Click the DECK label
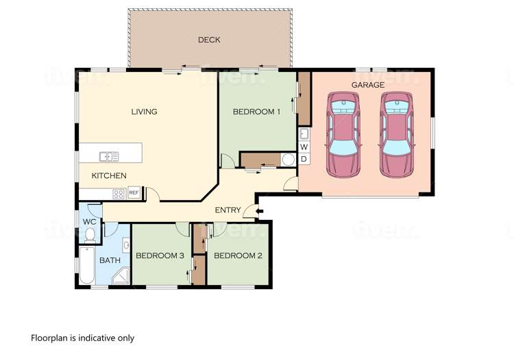[x=209, y=40]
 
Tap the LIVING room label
[x=145, y=112]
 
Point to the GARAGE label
[x=367, y=85]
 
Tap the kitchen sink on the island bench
[x=108, y=156]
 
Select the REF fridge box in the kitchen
[x=134, y=193]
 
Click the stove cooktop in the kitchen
[x=119, y=194]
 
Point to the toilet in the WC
[x=90, y=235]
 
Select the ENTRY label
[x=227, y=210]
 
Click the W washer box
[x=304, y=147]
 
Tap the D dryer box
[x=304, y=159]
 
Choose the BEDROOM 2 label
[x=238, y=256]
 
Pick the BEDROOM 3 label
[x=160, y=256]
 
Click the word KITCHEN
[x=109, y=176]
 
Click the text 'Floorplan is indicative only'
[x=82, y=338]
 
